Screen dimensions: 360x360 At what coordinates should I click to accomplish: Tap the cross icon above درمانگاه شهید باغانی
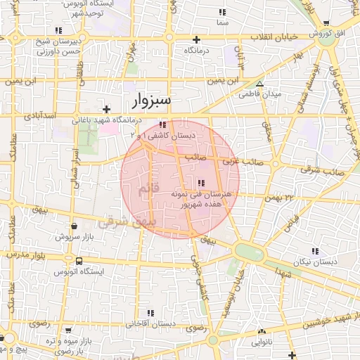(106, 109)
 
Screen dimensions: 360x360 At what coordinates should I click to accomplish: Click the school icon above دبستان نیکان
(315, 250)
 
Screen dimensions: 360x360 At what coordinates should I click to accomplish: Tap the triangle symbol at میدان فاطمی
(260, 84)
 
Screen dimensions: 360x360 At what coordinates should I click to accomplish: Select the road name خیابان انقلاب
(273, 37)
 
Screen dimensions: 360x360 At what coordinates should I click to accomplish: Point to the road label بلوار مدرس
(29, 254)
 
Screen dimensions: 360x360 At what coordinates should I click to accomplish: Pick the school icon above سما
(223, 13)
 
